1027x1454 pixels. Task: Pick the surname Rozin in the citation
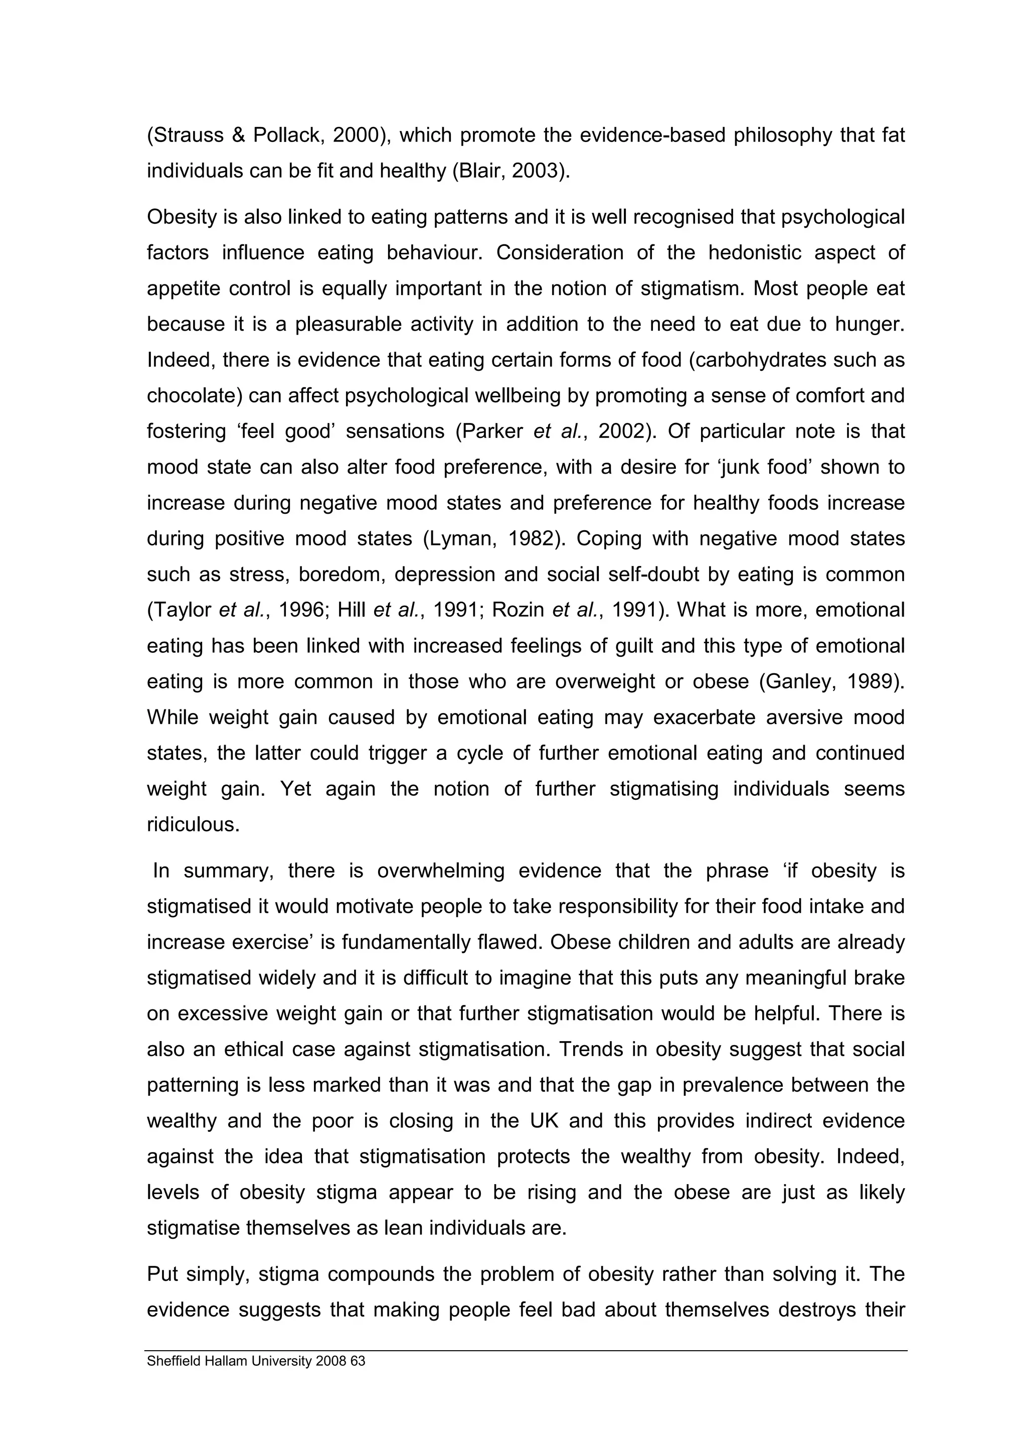517,611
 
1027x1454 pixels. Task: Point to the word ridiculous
193,825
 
